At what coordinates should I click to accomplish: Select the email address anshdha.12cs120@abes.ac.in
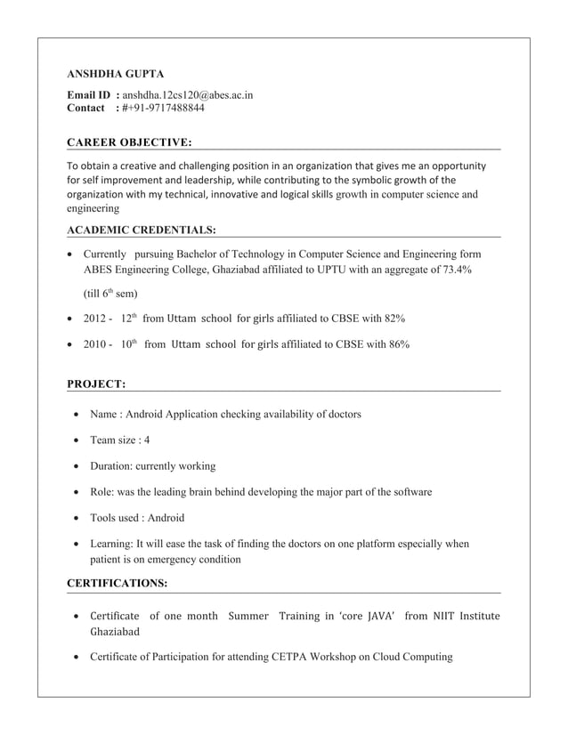coord(187,94)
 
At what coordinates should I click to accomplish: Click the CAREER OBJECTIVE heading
coord(129,141)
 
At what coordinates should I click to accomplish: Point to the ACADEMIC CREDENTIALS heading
coord(142,230)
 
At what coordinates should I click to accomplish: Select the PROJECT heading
coord(96,384)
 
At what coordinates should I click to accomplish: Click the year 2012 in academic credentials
coord(96,318)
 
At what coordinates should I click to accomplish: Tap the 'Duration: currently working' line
coord(152,465)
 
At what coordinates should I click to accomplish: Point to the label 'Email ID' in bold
coord(90,94)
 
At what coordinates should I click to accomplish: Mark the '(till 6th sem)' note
coord(110,294)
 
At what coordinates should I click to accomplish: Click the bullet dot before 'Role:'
coord(79,492)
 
